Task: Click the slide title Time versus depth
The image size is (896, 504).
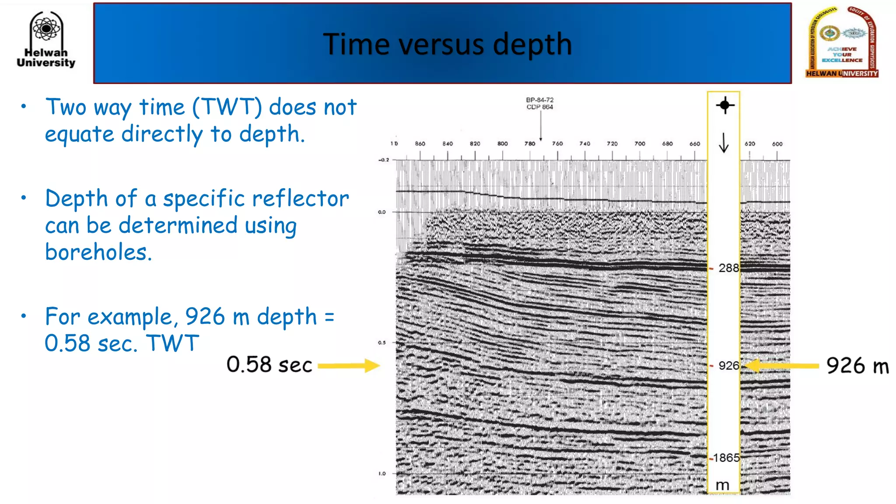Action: point(447,44)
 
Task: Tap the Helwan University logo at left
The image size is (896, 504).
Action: point(46,40)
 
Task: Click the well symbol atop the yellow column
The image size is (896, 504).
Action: point(724,105)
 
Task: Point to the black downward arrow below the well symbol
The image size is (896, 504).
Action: point(724,143)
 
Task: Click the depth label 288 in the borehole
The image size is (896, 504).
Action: point(728,268)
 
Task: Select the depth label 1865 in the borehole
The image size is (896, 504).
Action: point(726,458)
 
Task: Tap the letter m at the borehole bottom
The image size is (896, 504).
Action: point(723,485)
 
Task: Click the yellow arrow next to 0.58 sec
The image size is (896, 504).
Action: point(348,365)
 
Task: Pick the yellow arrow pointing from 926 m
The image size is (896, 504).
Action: point(781,365)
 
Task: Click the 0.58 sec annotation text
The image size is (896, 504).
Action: point(269,365)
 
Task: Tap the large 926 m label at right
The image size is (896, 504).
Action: point(857,366)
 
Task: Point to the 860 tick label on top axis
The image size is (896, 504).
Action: point(420,143)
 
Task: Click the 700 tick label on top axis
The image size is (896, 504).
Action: point(640,143)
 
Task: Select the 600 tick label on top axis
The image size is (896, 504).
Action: point(777,143)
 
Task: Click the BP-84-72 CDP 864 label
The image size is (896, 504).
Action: point(539,103)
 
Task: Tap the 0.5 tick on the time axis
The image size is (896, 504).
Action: point(382,343)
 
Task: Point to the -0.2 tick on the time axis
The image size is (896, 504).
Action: point(383,160)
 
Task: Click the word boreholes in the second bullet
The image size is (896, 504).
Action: point(98,252)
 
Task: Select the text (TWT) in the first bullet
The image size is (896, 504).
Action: point(227,107)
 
